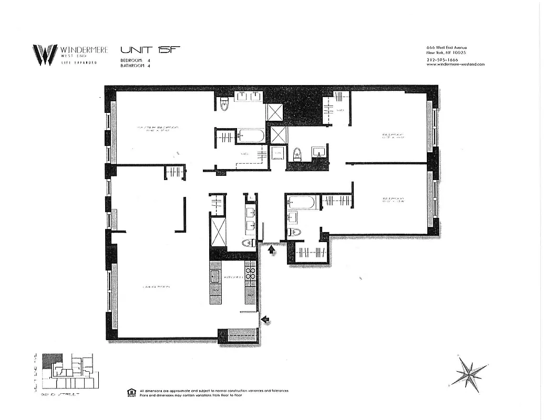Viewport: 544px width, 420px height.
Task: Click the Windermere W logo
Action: point(45,55)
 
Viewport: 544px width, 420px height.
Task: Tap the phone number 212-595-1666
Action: point(442,59)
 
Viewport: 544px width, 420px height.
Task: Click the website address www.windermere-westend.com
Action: point(455,64)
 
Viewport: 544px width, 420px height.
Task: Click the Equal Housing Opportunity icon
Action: point(131,392)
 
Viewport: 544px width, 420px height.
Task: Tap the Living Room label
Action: point(157,287)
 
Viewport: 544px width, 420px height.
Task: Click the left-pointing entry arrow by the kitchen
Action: point(265,319)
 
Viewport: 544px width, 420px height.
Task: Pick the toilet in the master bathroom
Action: point(224,104)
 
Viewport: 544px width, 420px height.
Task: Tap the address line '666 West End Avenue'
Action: point(447,48)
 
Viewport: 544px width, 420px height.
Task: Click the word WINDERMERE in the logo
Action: point(85,50)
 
